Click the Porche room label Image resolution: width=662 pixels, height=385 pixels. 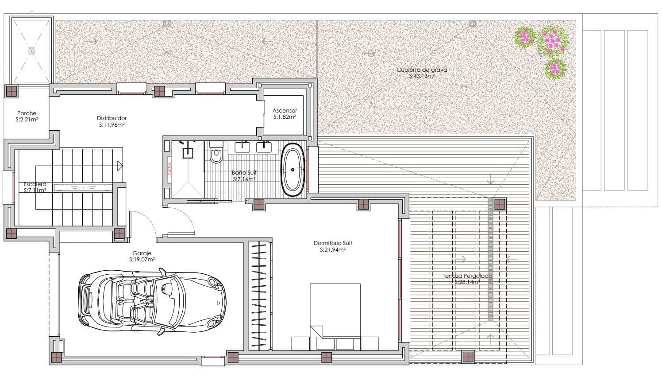(27, 113)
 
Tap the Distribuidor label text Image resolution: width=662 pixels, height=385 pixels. (112, 118)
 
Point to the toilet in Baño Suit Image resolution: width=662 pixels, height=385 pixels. (216, 153)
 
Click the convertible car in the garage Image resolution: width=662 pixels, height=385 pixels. (153, 302)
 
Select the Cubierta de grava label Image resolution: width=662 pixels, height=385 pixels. (421, 70)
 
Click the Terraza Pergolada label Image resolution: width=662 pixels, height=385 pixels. (467, 276)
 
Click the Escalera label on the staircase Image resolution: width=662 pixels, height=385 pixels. (35, 184)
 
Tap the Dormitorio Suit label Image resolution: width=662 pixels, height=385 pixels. (332, 243)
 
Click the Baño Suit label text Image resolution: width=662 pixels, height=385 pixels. (244, 173)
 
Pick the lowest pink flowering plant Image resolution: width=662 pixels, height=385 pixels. (554, 68)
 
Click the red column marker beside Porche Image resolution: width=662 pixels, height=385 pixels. (11, 91)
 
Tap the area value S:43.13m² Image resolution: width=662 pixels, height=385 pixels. (421, 76)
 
